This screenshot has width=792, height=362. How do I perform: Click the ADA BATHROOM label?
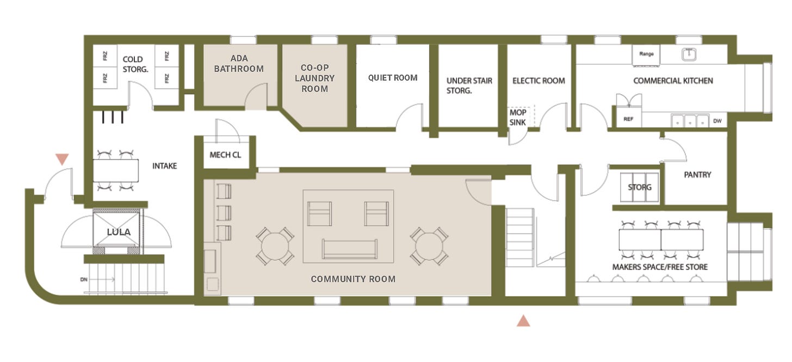pyautogui.click(x=239, y=63)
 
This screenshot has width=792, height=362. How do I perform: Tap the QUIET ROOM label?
pyautogui.click(x=393, y=77)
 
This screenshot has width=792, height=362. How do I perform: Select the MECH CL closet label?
pyautogui.click(x=225, y=155)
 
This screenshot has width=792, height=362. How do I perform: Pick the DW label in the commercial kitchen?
pyautogui.click(x=717, y=121)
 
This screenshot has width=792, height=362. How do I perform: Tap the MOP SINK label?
pyautogui.click(x=518, y=117)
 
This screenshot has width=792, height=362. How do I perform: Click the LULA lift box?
pyautogui.click(x=119, y=232)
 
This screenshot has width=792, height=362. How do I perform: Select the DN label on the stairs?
pyautogui.click(x=84, y=280)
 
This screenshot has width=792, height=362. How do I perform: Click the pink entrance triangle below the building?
pyautogui.click(x=523, y=321)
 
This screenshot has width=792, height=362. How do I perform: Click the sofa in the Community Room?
pyautogui.click(x=350, y=249)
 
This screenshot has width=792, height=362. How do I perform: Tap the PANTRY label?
pyautogui.click(x=697, y=174)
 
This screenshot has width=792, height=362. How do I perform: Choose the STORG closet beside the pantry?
pyautogui.click(x=640, y=187)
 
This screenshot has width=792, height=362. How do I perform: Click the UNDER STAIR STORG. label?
pyautogui.click(x=469, y=85)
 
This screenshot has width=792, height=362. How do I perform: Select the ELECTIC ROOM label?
pyautogui.click(x=539, y=81)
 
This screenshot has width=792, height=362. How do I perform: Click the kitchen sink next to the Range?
pyautogui.click(x=689, y=54)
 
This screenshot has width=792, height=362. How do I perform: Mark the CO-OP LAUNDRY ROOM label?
pyautogui.click(x=314, y=78)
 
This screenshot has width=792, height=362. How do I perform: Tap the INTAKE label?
pyautogui.click(x=164, y=165)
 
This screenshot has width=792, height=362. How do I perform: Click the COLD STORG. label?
pyautogui.click(x=135, y=64)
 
